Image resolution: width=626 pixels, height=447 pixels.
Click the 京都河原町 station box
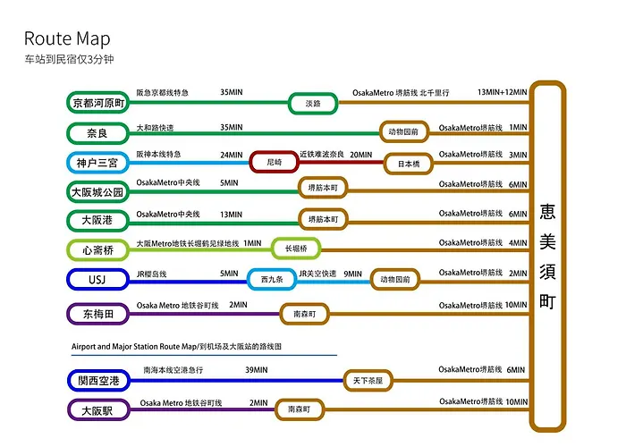[x=97, y=103]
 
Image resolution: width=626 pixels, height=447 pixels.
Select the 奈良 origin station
[x=97, y=133]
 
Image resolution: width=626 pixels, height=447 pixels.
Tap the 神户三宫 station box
[x=97, y=163]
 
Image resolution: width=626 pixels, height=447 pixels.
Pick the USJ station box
[x=97, y=279]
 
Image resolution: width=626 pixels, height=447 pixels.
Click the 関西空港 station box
[x=98, y=381]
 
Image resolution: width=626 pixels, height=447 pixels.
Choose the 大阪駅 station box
[x=98, y=410]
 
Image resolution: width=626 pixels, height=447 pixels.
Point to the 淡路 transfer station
[x=313, y=104]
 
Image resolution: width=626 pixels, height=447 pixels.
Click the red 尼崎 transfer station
[x=274, y=162]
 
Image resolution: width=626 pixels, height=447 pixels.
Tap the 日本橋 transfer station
[x=409, y=164]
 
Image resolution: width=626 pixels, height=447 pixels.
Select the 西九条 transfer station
[x=272, y=279]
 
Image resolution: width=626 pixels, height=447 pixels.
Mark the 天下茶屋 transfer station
[x=368, y=381]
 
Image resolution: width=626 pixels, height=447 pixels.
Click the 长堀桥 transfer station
[x=296, y=249]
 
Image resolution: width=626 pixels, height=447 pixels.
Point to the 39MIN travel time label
[x=257, y=370]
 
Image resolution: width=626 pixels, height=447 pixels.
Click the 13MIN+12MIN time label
[x=503, y=92]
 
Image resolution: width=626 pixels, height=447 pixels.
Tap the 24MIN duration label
[x=231, y=155]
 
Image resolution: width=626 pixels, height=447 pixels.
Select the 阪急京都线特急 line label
[x=163, y=93]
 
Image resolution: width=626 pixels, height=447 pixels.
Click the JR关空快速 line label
[x=317, y=274]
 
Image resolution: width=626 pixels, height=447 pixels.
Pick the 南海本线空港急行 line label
[x=173, y=370]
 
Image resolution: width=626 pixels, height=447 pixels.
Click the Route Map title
[x=67, y=39]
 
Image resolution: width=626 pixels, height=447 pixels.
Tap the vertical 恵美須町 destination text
[x=547, y=257]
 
